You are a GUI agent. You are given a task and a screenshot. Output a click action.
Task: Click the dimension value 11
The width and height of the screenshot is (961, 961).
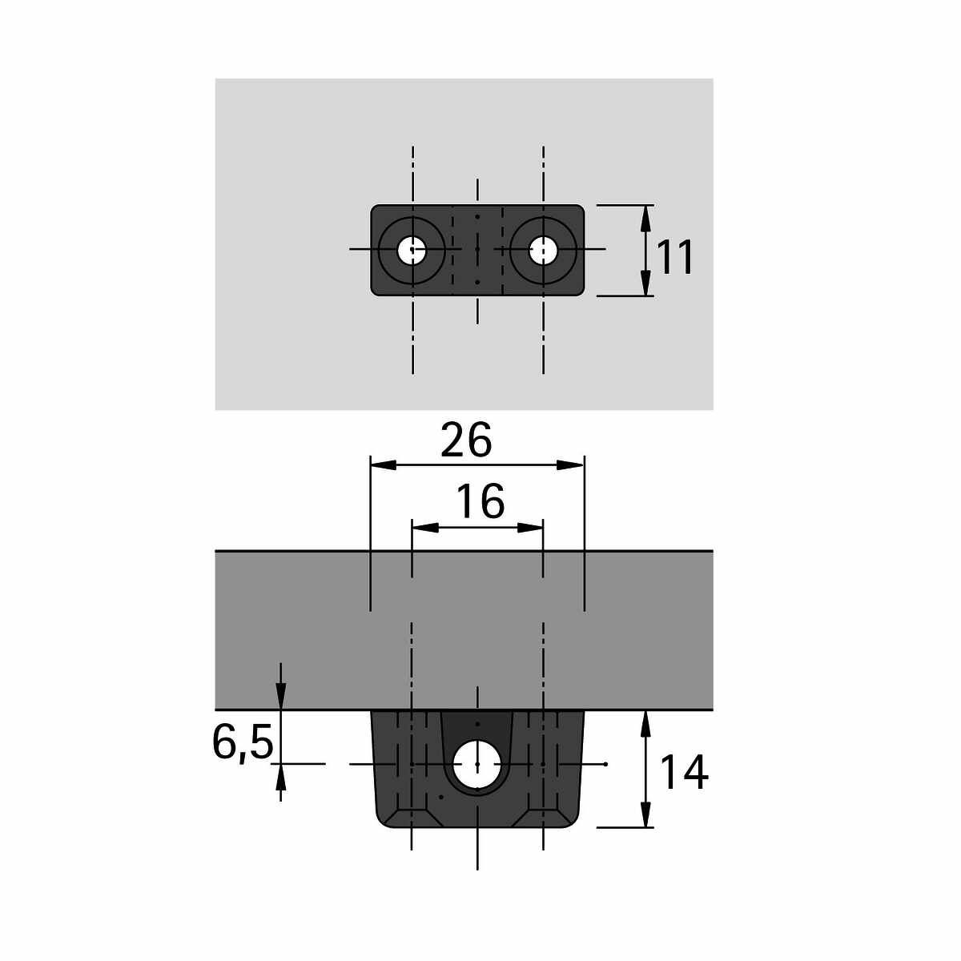[675, 257]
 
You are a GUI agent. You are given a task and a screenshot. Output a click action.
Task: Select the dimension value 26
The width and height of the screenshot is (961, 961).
[466, 440]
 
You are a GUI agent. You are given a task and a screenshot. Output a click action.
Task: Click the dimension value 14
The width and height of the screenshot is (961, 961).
[684, 773]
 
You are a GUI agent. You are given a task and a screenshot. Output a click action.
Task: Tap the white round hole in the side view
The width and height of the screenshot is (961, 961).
[477, 764]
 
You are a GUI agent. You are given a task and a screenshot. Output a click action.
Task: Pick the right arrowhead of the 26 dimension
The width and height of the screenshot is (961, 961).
[570, 465]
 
